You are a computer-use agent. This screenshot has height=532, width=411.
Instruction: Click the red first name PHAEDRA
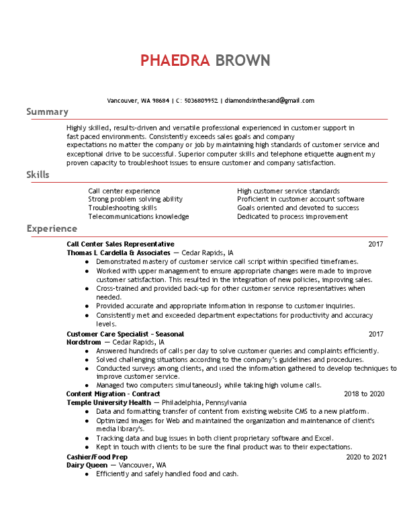175,60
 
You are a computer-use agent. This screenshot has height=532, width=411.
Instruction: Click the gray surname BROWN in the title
242,60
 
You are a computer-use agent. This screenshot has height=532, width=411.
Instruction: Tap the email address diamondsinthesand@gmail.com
269,100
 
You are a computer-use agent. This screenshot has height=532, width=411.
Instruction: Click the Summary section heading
47,112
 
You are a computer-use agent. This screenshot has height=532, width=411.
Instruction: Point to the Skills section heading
38,175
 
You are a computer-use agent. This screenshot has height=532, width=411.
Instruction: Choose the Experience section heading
52,229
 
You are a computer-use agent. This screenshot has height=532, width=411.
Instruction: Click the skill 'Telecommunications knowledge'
138,216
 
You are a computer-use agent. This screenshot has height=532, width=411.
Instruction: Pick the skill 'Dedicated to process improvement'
292,216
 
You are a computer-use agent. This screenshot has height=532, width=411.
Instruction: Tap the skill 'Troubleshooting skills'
122,208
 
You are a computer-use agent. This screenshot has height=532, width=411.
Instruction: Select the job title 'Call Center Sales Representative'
120,244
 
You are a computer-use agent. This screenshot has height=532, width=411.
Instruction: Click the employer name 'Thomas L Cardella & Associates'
118,253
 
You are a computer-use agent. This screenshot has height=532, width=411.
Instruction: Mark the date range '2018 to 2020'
363,394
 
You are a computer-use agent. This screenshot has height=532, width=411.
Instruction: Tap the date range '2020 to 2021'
366,457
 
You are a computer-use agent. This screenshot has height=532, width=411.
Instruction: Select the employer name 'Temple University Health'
109,402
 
